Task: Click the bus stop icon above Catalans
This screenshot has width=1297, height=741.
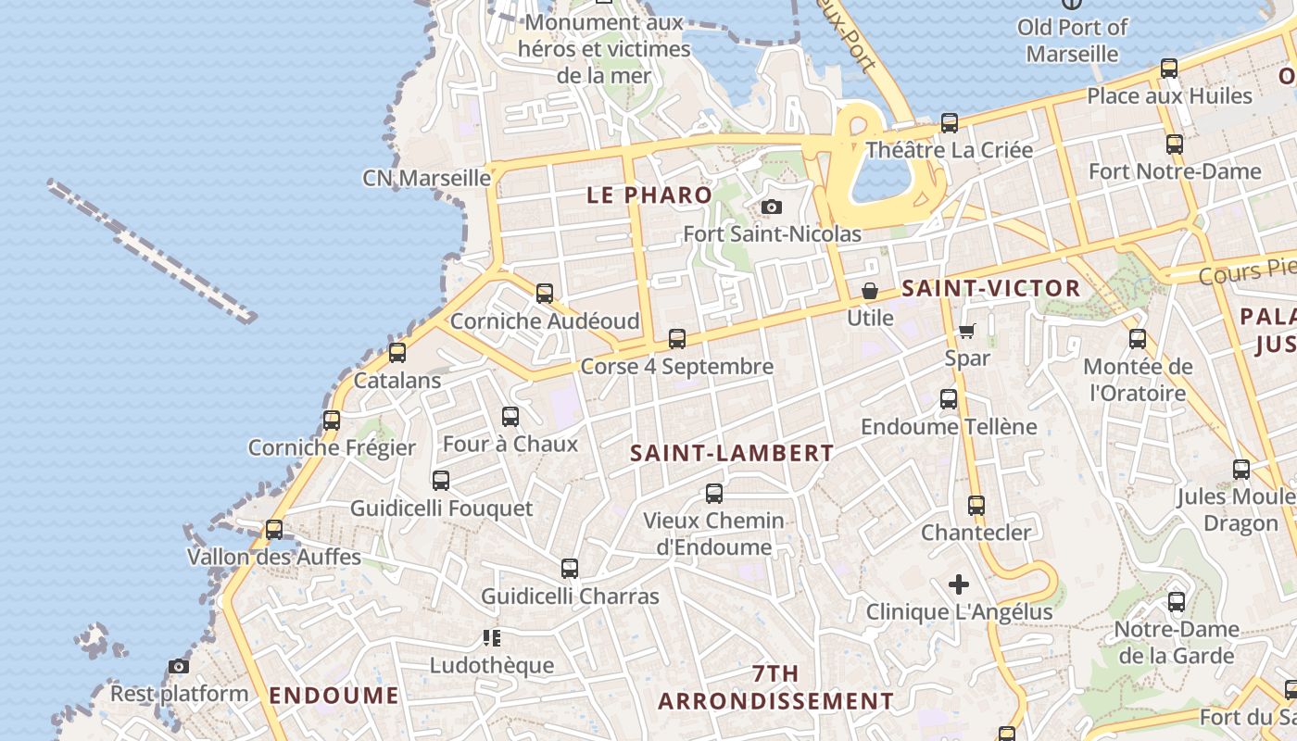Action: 397,352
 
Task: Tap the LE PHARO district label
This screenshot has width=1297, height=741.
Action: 649,195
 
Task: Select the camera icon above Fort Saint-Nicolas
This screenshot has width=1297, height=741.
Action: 772,207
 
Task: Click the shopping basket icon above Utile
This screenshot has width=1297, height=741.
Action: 870,291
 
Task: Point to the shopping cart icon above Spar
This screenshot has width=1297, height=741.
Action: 967,331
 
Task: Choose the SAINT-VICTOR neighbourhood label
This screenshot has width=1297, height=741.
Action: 991,288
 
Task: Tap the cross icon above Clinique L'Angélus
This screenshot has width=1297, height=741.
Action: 959,584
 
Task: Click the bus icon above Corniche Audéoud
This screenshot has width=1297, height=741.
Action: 545,294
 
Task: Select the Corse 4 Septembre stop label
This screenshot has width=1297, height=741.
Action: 676,366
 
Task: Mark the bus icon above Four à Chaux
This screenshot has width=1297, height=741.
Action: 510,417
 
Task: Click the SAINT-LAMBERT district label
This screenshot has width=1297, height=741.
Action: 732,453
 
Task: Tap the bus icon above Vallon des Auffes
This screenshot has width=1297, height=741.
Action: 274,530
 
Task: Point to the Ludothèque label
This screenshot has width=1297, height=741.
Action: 492,665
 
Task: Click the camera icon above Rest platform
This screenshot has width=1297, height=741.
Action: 179,666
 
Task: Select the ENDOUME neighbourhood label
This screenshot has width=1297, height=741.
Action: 334,696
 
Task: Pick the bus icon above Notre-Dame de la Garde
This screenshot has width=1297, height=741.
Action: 1177,602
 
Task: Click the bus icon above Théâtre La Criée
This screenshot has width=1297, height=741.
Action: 950,122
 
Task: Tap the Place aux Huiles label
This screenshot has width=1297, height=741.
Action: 1169,95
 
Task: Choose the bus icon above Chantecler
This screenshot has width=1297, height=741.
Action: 976,506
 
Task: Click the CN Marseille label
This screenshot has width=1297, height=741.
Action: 426,177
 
